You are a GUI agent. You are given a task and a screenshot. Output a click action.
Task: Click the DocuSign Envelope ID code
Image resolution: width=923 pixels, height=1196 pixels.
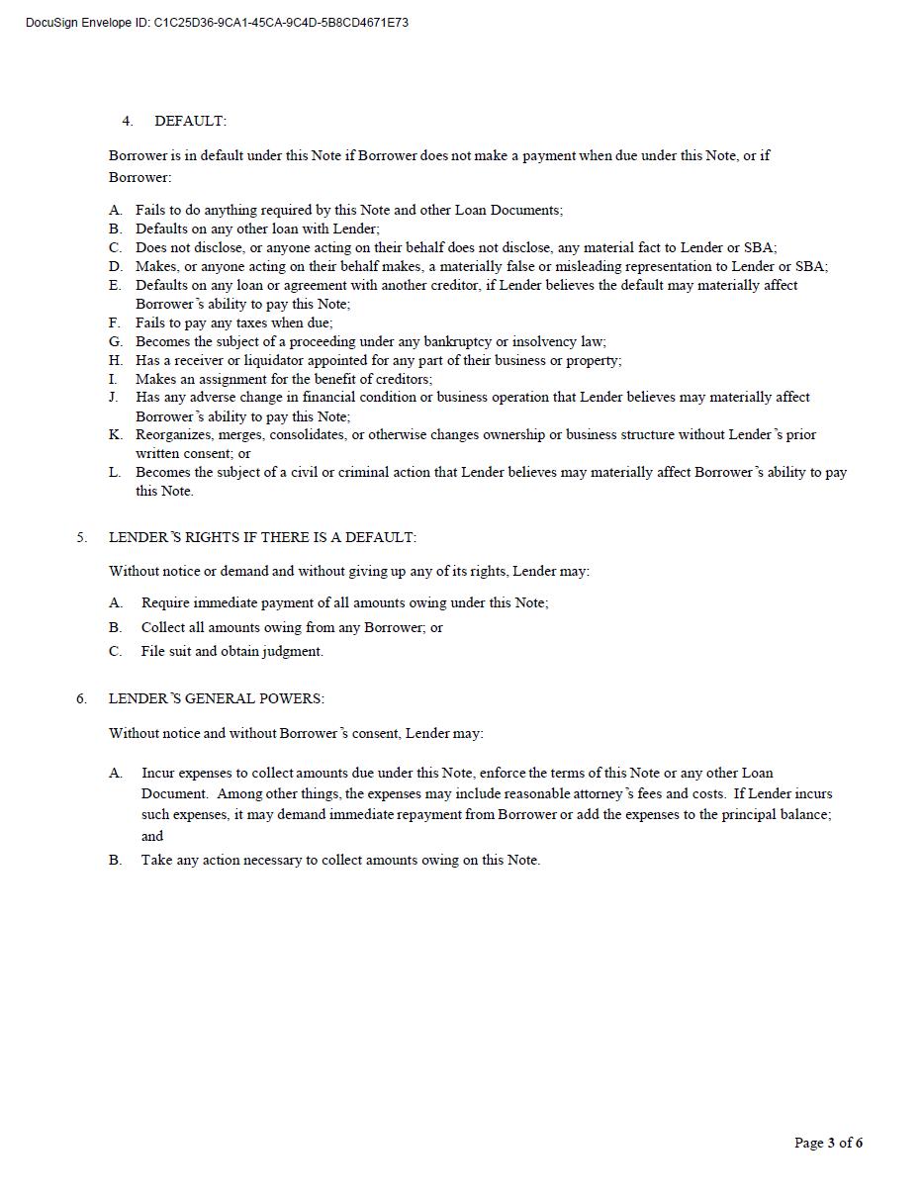click(x=281, y=23)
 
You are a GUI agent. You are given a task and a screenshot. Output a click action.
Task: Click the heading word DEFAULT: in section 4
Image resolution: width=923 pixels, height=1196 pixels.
click(x=190, y=121)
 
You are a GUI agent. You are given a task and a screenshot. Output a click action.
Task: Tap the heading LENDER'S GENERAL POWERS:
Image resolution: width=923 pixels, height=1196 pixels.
click(x=216, y=698)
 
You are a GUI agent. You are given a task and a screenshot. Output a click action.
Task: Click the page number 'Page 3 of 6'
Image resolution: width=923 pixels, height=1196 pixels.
click(x=828, y=1143)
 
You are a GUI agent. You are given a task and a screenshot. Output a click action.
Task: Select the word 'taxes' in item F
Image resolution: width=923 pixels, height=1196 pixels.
click(x=256, y=322)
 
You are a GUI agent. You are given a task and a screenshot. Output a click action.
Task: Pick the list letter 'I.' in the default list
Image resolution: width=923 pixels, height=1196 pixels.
click(x=114, y=379)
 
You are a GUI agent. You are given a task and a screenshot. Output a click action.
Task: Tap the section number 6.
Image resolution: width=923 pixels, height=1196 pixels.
click(x=81, y=698)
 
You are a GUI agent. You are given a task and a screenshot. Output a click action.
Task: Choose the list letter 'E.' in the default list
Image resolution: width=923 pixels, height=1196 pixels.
click(x=115, y=285)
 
